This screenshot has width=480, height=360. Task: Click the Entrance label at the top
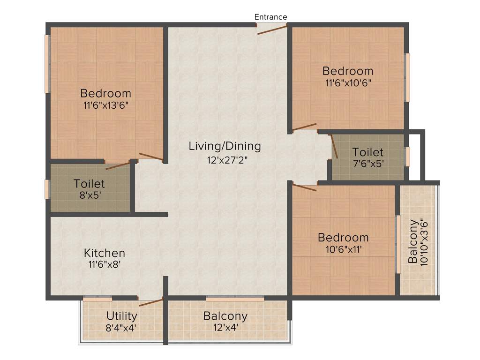coord(270,17)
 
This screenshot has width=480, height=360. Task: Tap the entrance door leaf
coord(272,30)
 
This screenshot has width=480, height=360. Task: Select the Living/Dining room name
coord(225,146)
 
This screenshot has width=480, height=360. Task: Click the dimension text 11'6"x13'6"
coord(106,105)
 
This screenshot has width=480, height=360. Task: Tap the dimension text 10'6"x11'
coord(343,249)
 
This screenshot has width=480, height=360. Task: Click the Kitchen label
coord(105,253)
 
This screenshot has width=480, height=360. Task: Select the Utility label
coord(121,315)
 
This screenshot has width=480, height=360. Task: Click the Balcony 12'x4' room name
coord(225,316)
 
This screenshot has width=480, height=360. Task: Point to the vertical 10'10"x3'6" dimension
coord(425,242)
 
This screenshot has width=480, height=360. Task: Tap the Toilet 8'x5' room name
coord(89,184)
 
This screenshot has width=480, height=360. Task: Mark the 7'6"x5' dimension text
coord(367,164)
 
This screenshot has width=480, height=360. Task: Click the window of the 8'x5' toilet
coord(47,189)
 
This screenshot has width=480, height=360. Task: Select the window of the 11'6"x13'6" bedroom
coord(47,64)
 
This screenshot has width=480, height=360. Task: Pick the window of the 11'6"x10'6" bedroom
coord(407,77)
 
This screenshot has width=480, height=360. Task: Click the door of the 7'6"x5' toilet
coord(334,146)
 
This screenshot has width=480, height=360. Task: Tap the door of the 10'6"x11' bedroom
coord(305,187)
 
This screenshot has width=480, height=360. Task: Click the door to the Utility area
coord(150,301)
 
